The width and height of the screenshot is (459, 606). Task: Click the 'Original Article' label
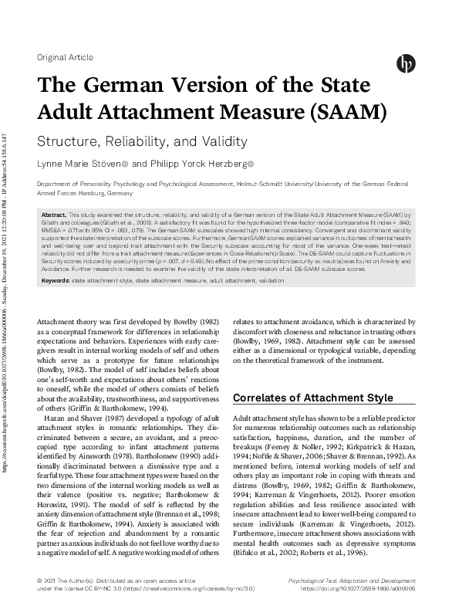point(65,58)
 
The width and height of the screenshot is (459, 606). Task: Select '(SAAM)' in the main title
point(345,113)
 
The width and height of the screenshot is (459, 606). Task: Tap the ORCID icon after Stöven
point(126,164)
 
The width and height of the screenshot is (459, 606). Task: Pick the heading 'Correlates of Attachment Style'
point(312,398)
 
